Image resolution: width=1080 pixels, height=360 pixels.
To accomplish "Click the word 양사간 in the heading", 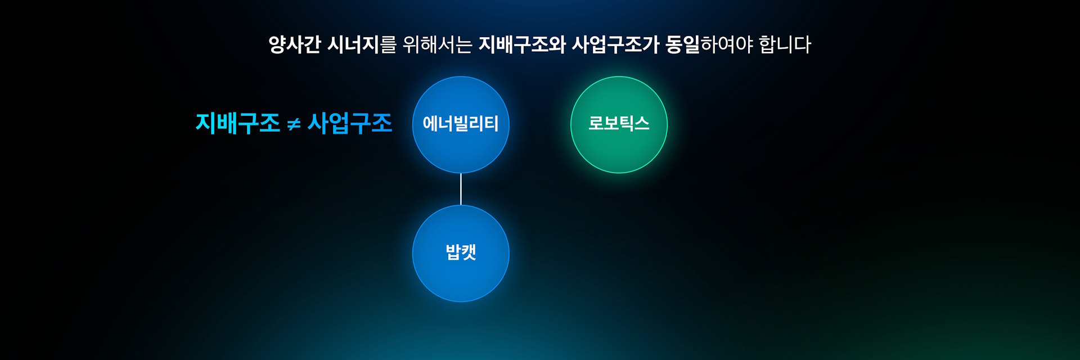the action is coord(294,44).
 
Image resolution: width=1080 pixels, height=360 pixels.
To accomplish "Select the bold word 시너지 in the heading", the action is coord(353,44).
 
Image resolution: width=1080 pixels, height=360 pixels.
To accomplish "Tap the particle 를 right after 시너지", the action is coord(388,44).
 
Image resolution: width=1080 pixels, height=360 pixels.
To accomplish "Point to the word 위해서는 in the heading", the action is coord(438,44).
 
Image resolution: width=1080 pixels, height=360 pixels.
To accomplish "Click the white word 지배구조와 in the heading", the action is coord(522,44).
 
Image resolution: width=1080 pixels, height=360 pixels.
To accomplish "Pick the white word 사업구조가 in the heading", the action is coord(615,44).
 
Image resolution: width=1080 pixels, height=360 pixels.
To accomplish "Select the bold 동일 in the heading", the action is coord(682,44).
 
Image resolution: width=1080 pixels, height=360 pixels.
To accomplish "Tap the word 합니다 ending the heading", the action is coord(785,44).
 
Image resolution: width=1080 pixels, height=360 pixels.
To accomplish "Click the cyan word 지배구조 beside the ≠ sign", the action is coord(237,123).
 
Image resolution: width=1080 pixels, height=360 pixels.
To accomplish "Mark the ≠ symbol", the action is coord(294,124).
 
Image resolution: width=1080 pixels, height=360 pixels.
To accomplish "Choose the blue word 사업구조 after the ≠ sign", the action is coord(350,123).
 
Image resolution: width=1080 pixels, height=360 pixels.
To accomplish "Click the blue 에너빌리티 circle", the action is coord(461,124).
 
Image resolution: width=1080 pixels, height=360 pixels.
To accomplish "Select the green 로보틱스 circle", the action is coord(619,124).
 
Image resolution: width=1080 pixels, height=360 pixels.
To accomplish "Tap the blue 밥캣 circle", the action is coord(461,253).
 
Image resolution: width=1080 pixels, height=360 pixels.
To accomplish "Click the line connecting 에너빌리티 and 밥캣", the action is coord(461,189).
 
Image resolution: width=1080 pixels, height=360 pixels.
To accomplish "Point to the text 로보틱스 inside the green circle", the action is coord(619,123).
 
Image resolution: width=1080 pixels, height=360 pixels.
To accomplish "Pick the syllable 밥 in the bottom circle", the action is coord(453,251).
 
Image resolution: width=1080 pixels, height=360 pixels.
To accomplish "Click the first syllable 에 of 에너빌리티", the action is coord(430,123).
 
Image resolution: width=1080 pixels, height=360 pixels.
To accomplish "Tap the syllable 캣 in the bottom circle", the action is coord(469,251).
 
